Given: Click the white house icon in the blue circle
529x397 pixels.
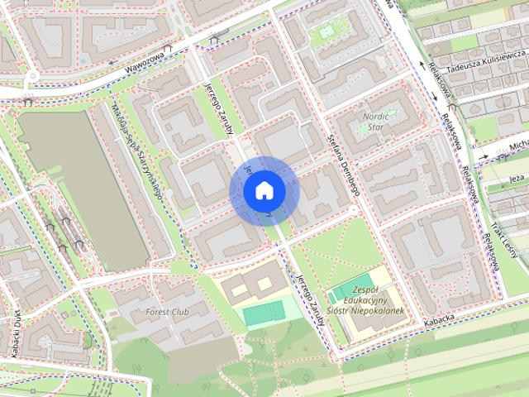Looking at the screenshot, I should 264,191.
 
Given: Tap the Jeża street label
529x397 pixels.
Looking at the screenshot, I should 517,178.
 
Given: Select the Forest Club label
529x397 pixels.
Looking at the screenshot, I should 168,312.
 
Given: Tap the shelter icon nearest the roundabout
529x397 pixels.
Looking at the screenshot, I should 28,103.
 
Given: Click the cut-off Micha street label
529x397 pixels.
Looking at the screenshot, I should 518,146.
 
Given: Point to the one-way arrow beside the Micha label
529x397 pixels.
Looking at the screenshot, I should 501,152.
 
